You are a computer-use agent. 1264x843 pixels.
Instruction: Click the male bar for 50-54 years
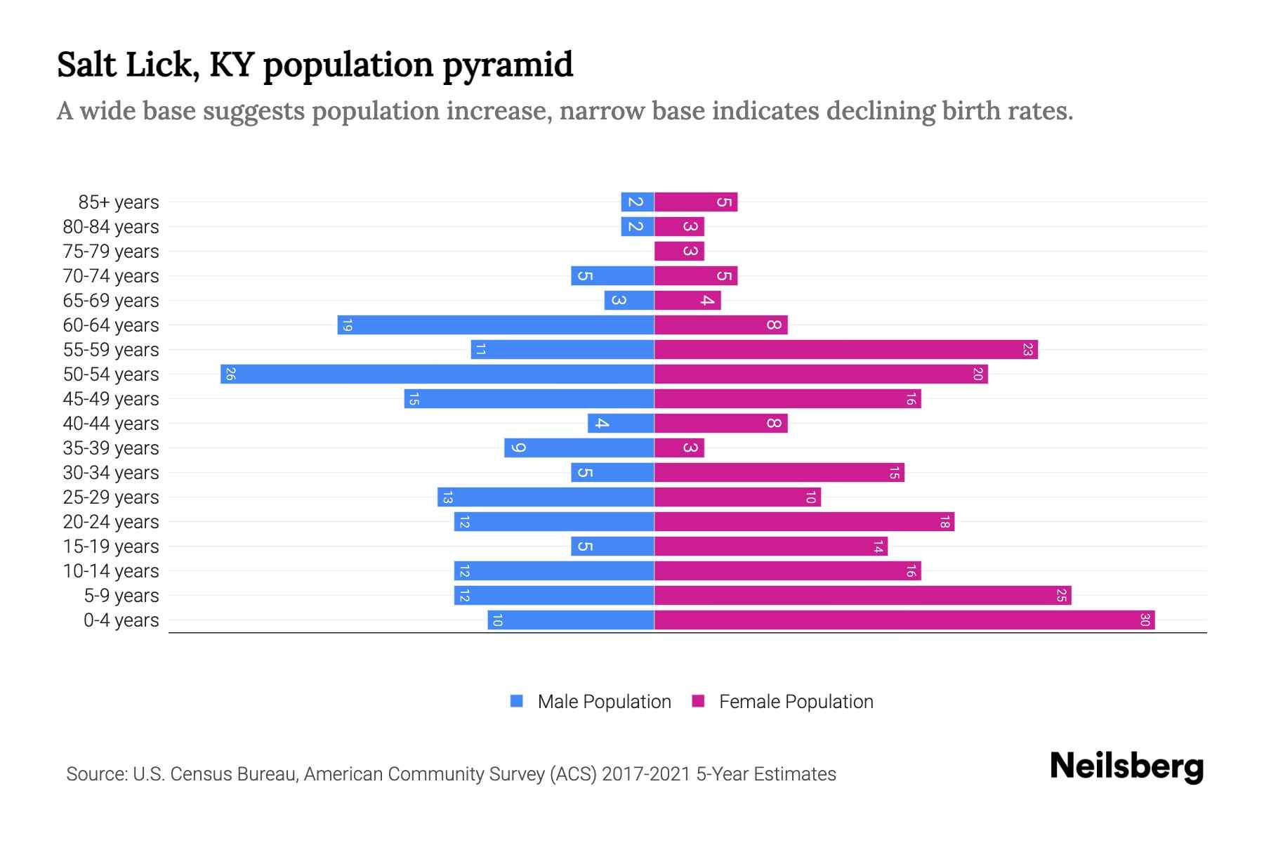pyautogui.click(x=437, y=374)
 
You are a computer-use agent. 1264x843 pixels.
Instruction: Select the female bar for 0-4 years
pyautogui.click(x=904, y=620)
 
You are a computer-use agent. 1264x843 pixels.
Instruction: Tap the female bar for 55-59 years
pyautogui.click(x=846, y=349)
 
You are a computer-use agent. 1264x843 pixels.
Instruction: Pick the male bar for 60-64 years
pyautogui.click(x=496, y=325)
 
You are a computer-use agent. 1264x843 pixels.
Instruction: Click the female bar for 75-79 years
pyautogui.click(x=679, y=251)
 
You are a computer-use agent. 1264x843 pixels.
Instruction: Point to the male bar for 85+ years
pyautogui.click(x=638, y=202)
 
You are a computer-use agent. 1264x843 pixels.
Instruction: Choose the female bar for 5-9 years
pyautogui.click(x=862, y=596)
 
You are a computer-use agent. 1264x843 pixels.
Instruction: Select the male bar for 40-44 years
pyautogui.click(x=621, y=423)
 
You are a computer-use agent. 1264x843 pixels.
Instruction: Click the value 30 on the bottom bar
pyautogui.click(x=1145, y=620)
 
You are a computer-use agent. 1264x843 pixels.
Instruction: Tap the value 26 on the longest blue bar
pyautogui.click(x=230, y=374)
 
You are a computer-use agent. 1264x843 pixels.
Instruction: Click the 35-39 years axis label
pyautogui.click(x=111, y=448)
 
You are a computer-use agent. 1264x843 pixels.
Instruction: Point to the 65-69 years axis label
pyautogui.click(x=111, y=301)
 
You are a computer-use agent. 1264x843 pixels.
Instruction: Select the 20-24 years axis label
pyautogui.click(x=111, y=522)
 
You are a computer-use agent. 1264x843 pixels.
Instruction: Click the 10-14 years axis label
pyautogui.click(x=111, y=571)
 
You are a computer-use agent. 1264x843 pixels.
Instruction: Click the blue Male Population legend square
pyautogui.click(x=517, y=701)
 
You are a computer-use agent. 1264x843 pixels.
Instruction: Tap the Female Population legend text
pyautogui.click(x=796, y=702)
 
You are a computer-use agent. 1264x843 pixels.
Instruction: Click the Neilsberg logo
pyautogui.click(x=1126, y=766)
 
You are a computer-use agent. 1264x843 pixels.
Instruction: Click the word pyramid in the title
pyautogui.click(x=508, y=65)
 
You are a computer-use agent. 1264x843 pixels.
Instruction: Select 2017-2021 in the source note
pyautogui.click(x=646, y=774)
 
